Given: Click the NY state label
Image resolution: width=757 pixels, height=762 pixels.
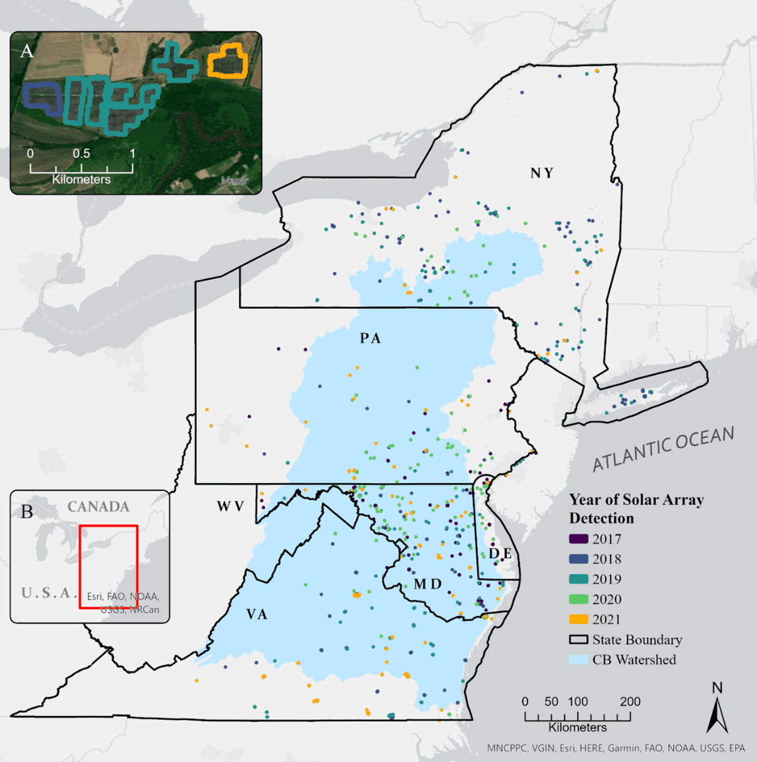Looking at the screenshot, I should click(542, 173).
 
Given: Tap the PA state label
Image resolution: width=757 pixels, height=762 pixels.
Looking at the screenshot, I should click(370, 338).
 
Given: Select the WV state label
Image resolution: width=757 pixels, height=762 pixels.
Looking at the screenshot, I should click(230, 506).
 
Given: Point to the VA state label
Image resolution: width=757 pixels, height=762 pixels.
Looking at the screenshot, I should click(257, 614).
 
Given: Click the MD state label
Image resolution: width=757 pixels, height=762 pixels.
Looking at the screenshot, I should click(427, 584).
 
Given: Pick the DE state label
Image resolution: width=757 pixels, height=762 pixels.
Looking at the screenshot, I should click(500, 553).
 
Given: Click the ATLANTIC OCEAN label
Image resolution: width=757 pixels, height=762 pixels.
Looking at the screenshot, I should click(663, 449).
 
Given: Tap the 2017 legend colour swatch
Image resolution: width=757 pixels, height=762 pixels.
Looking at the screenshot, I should click(578, 539).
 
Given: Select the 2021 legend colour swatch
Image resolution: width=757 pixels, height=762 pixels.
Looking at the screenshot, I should click(578, 619).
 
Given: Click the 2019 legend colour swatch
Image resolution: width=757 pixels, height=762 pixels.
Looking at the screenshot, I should click(578, 579).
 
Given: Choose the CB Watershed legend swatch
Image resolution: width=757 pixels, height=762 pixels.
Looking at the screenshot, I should click(578, 660).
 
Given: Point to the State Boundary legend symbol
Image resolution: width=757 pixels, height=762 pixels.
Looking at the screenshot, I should click(578, 640).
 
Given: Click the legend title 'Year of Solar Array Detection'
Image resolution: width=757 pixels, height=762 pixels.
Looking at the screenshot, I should click(636, 509).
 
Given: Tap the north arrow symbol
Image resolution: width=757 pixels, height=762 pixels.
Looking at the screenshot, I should click(717, 712).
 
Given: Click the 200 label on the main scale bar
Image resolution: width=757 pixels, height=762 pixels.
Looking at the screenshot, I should click(630, 701).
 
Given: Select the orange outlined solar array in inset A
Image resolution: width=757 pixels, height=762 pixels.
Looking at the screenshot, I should click(228, 62).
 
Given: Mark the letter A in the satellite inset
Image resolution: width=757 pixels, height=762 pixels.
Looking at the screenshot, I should click(26, 51).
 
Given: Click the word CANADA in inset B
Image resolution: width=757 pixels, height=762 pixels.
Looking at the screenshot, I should click(98, 506).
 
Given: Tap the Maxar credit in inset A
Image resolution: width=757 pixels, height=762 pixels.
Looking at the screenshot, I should click(234, 180).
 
